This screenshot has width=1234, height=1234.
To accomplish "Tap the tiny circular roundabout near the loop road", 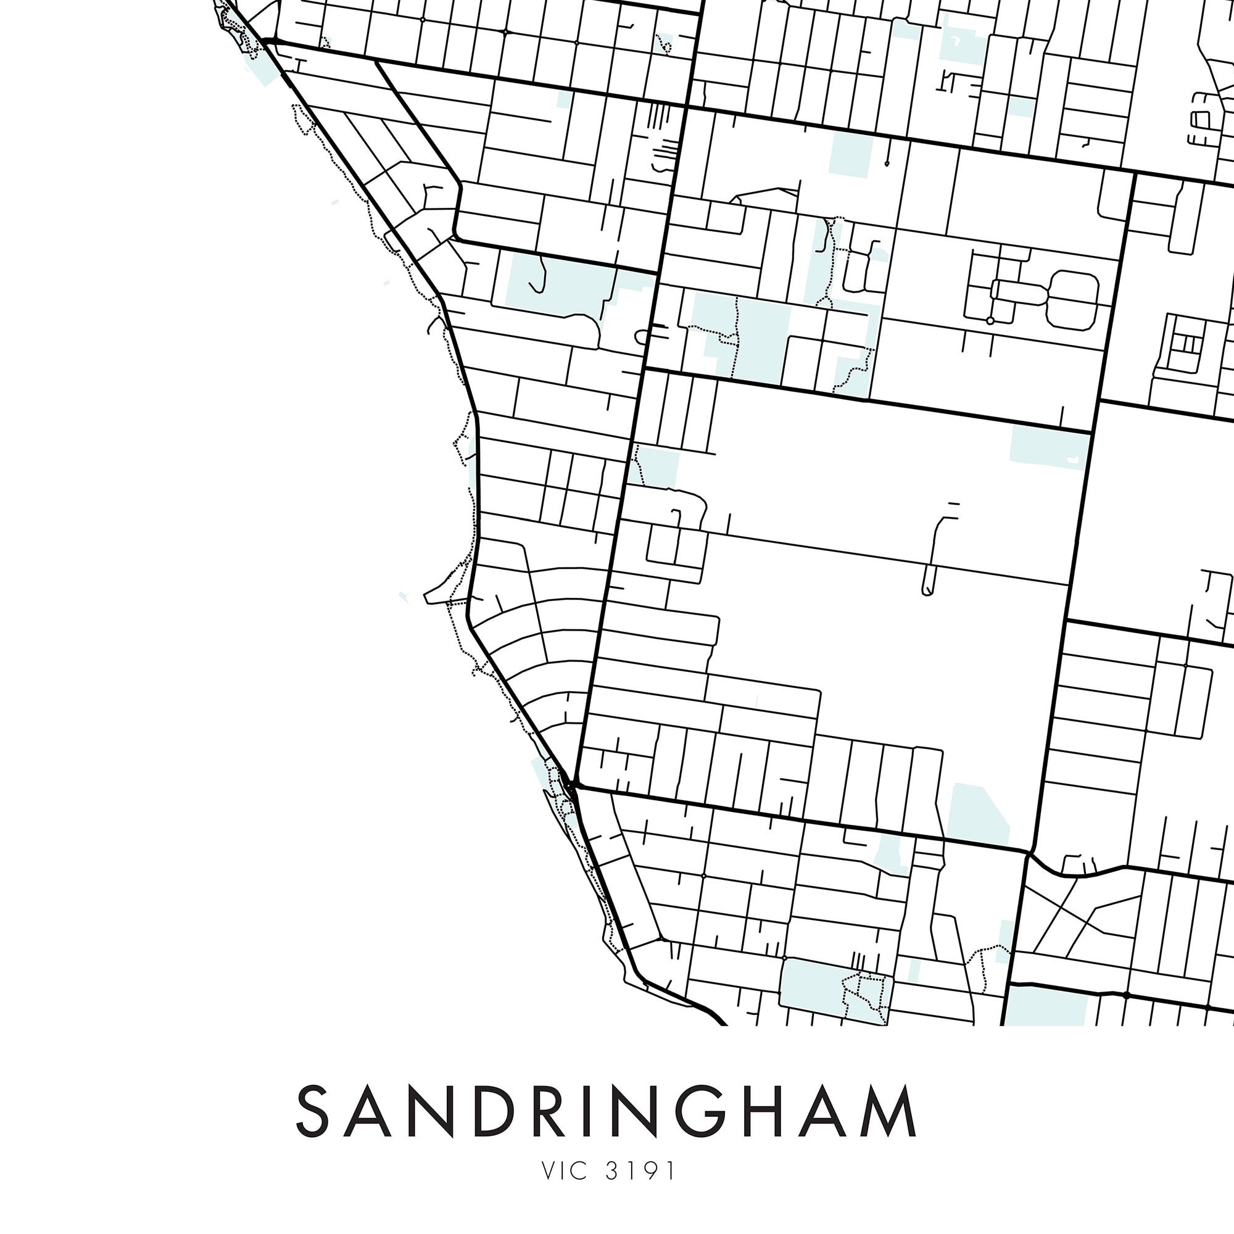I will point(990,320).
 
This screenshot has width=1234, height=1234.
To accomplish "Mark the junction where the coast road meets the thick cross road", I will point(576,784).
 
